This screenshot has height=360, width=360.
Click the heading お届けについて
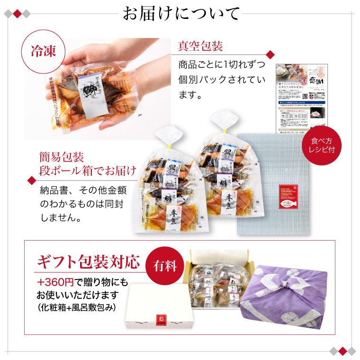click(180, 14)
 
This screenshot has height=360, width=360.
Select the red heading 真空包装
click(200, 46)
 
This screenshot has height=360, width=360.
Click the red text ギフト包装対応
click(89, 261)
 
